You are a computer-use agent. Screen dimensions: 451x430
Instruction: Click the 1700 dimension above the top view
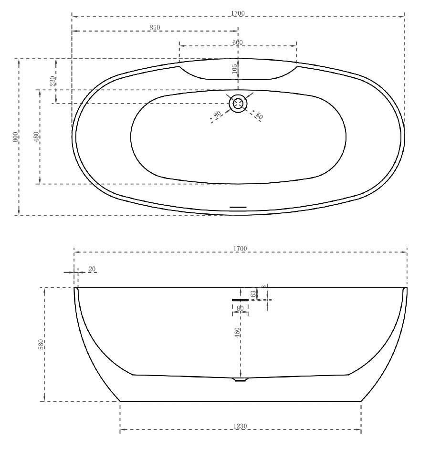(x=238, y=13)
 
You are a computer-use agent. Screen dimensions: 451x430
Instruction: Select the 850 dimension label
(x=155, y=28)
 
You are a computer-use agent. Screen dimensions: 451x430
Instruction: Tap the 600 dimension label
(x=238, y=42)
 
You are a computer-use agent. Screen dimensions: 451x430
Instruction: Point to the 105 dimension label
(x=234, y=70)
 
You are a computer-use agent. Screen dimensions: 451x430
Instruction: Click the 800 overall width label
(x=16, y=137)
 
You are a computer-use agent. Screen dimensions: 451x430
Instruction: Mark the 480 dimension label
(x=36, y=137)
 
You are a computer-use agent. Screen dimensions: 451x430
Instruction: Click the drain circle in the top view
(x=238, y=103)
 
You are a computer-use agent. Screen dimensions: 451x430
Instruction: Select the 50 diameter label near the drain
(x=259, y=115)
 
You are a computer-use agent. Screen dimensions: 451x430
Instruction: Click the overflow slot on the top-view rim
(x=238, y=207)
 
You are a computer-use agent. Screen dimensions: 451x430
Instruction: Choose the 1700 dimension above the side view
(x=240, y=249)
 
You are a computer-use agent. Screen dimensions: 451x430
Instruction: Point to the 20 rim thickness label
(x=92, y=269)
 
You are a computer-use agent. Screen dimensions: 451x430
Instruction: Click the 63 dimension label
(x=253, y=294)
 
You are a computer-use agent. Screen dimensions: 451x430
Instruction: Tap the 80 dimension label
(x=240, y=308)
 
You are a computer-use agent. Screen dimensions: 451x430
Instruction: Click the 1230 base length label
(x=240, y=426)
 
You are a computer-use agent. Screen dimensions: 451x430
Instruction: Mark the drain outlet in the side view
(x=240, y=380)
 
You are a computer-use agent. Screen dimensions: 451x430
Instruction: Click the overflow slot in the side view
(x=241, y=300)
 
